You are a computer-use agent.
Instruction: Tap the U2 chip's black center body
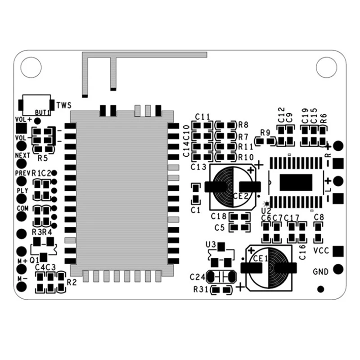[296, 182]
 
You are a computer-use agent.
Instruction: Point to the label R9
[265, 133]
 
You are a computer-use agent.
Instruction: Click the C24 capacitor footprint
[220, 277]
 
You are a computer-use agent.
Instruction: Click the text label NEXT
[22, 155]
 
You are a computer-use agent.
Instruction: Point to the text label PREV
[22, 173]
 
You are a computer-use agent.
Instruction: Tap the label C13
[198, 167]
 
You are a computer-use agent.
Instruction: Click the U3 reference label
[211, 245]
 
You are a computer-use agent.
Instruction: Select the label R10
[246, 157]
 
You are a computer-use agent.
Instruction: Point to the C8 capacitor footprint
[318, 232]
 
